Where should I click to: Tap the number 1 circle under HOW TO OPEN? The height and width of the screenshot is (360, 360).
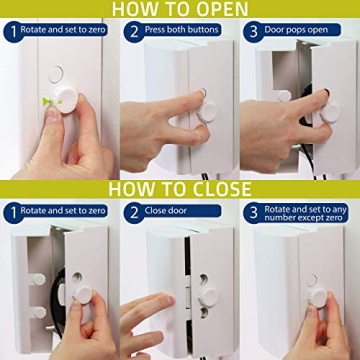pyautogui.click(x=11, y=32)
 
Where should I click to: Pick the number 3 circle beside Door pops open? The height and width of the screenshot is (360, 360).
pyautogui.click(x=253, y=32)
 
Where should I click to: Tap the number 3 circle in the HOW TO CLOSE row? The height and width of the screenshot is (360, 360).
pyautogui.click(x=252, y=212)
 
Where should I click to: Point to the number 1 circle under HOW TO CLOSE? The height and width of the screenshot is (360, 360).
pyautogui.click(x=11, y=212)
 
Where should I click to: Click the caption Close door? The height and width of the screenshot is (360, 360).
pyautogui.click(x=174, y=212)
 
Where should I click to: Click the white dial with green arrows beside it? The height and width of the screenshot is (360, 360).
pyautogui.click(x=66, y=104)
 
